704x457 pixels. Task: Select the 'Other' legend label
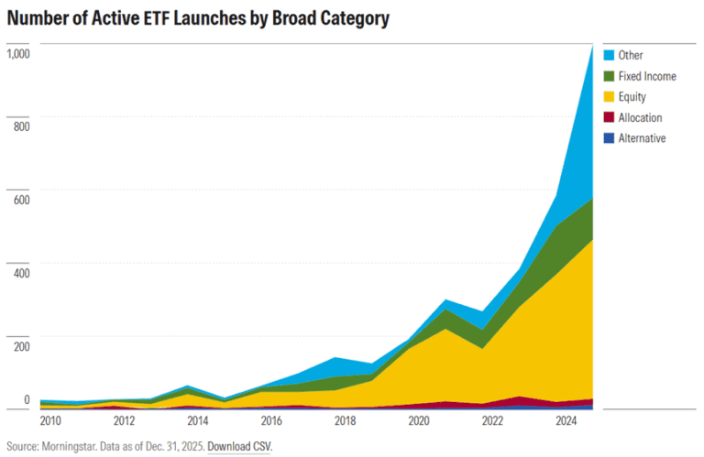(631, 55)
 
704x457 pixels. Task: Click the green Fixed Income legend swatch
(609, 76)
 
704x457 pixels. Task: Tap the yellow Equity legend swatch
(609, 97)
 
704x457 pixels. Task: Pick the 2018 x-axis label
(345, 421)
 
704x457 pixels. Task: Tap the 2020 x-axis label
(419, 421)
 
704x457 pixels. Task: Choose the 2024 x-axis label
(566, 421)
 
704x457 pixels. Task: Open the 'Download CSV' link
(240, 447)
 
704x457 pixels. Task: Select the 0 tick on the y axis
(27, 399)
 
